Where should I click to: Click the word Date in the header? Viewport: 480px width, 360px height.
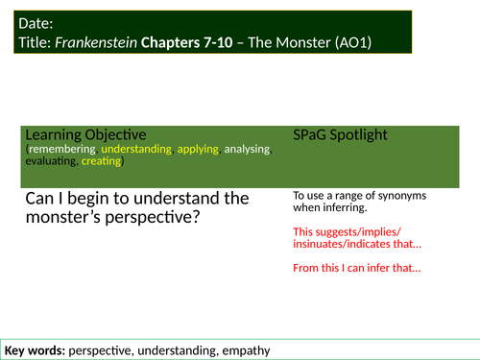35,23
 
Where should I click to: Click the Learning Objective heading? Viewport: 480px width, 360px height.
85,134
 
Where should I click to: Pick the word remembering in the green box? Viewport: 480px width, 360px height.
61,151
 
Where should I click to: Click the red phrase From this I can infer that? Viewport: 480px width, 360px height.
357,267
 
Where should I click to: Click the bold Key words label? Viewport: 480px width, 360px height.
35,349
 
